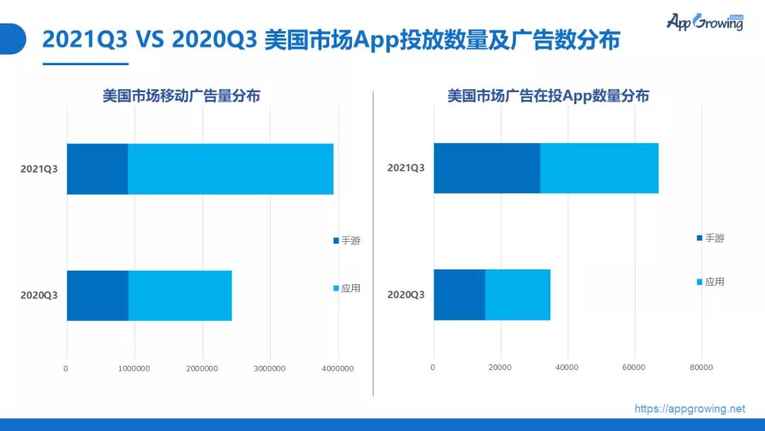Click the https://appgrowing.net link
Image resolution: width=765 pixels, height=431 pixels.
point(689,408)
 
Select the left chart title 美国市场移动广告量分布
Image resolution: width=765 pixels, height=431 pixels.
point(181,96)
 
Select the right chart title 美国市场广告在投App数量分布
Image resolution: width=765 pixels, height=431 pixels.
point(548,96)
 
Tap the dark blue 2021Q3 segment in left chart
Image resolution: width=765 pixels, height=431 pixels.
point(97,169)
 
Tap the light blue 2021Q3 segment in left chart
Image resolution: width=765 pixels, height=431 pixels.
point(230,169)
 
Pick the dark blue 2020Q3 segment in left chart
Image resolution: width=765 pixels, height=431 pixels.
point(97,296)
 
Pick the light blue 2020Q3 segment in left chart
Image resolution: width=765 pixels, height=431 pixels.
point(180,296)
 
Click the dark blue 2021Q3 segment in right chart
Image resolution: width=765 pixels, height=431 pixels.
point(487,168)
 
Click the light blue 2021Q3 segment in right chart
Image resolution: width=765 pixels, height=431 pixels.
point(599,168)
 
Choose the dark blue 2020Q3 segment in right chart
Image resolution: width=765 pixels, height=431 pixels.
point(459,295)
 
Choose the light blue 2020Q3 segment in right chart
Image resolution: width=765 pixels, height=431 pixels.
point(518,295)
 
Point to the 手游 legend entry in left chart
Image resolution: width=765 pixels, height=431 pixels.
point(347,241)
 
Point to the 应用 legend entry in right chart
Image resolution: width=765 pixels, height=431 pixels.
point(710,281)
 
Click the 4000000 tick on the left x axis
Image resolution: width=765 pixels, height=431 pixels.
point(338,368)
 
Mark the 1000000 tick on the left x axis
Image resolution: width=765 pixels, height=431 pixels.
point(134,368)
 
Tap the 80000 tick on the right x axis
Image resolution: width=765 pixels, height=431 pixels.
point(701,367)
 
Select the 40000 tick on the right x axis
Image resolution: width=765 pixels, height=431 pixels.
point(567,367)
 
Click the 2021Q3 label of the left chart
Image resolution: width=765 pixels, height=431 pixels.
point(39,169)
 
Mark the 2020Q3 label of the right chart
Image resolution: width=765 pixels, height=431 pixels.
point(406,295)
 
